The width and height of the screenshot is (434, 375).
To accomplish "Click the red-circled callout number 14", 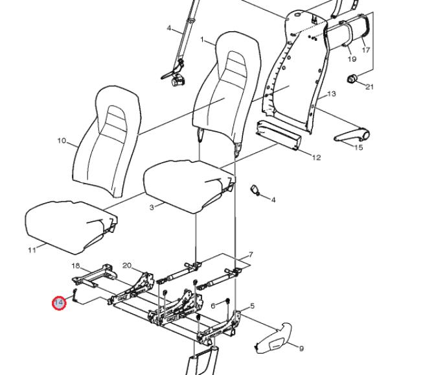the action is [x=59, y=303].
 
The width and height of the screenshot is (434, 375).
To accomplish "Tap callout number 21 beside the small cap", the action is [x=369, y=87].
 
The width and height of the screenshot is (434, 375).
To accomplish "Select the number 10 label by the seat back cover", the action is [x=62, y=141].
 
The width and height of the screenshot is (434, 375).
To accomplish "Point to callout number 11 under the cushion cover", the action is [x=32, y=250].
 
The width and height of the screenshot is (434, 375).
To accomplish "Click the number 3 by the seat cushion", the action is [x=152, y=208].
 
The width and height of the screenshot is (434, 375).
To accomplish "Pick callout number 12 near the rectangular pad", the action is [x=316, y=158].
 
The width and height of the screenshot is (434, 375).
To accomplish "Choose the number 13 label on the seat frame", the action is [x=331, y=94].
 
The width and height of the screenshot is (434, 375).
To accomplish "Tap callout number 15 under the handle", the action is [x=358, y=147].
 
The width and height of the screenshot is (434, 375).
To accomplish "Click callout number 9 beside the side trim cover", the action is [x=301, y=348].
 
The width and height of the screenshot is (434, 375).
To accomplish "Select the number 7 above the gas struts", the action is [x=251, y=254].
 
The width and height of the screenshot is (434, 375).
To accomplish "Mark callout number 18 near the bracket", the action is [x=76, y=266].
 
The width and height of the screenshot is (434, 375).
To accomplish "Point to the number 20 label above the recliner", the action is [x=127, y=266].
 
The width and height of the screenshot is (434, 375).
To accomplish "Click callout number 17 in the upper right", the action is [x=366, y=50].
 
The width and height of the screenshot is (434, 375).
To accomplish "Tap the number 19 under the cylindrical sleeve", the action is [x=352, y=59].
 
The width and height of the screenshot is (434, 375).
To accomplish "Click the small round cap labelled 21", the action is [x=352, y=79].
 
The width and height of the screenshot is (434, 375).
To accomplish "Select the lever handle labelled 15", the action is [x=352, y=135].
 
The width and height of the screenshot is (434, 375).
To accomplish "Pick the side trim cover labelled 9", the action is [x=273, y=338].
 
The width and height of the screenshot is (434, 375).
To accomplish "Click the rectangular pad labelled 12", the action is [x=279, y=135].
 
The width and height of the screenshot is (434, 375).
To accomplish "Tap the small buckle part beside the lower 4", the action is [x=255, y=190].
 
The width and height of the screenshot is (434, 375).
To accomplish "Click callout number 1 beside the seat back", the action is [x=202, y=40].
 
